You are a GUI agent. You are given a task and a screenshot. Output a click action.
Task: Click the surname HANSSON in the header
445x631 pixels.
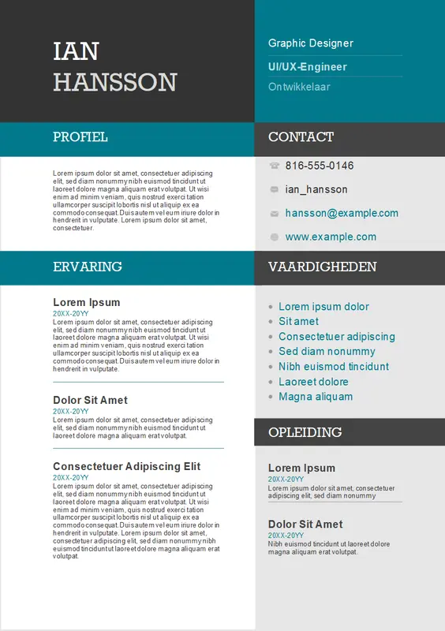coord(114,82)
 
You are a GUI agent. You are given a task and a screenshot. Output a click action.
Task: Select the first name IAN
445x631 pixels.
coord(76,51)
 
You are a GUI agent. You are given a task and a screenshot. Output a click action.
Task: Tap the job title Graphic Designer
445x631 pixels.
coord(310,43)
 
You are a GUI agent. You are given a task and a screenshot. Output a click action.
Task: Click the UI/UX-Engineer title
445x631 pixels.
coord(307,67)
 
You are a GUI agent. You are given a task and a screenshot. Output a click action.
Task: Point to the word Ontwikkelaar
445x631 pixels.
coord(299,87)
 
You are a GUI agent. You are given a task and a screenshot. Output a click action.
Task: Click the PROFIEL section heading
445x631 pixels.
coord(80,137)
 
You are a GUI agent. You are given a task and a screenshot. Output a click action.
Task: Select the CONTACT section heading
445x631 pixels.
coord(301,137)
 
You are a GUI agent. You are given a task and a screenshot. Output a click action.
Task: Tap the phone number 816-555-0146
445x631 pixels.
coord(320,166)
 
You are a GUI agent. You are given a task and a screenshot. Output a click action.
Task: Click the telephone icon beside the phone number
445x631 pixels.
coord(274,166)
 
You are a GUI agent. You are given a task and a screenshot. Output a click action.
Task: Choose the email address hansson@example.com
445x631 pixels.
coord(342,213)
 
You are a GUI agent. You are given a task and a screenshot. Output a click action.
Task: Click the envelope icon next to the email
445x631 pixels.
coord(274,214)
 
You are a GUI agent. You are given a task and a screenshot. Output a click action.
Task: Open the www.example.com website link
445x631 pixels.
coord(331,237)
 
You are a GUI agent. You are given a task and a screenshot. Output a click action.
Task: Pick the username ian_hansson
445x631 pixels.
coord(316,189)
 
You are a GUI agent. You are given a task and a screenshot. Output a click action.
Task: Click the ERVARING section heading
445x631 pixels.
coord(87,267)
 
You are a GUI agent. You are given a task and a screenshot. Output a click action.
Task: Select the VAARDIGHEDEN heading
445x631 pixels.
coord(322,267)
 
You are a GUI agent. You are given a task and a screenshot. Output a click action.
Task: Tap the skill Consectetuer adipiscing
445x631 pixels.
coord(336,337)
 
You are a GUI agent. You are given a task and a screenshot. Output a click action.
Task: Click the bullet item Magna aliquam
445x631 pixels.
coord(316,397)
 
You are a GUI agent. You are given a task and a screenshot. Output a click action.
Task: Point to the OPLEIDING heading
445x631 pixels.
coord(305,432)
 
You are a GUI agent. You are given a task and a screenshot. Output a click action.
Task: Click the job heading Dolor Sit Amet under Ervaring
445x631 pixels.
coord(90,400)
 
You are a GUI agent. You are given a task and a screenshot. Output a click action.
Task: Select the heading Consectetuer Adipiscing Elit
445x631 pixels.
coord(126,466)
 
